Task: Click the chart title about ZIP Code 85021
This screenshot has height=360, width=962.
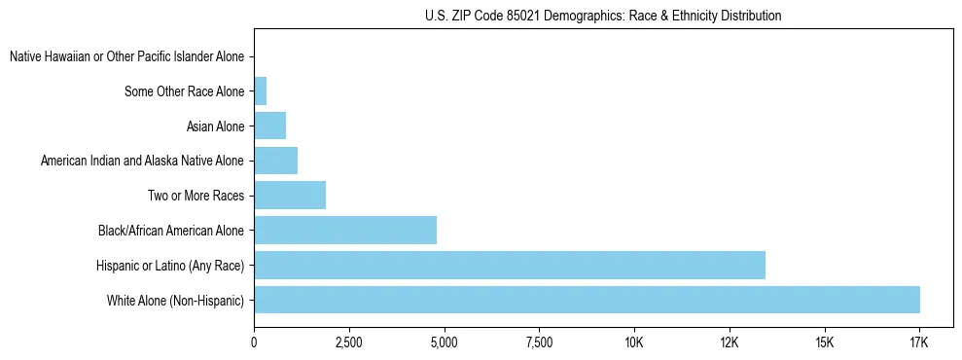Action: (603, 16)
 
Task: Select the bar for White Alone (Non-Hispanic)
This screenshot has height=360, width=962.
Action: (587, 300)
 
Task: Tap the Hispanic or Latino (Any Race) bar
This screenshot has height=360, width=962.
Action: (510, 265)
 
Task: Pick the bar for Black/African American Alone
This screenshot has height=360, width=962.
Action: (345, 231)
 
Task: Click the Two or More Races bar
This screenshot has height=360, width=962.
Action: (290, 196)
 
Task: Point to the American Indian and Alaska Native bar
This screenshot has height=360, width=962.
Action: (275, 161)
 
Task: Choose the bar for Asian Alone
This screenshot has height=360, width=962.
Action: (269, 126)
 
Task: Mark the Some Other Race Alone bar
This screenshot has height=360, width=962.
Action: (260, 91)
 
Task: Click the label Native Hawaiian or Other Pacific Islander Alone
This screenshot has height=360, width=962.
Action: (126, 57)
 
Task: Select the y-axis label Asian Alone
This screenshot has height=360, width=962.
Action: (215, 126)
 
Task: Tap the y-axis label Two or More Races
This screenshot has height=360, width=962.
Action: (195, 196)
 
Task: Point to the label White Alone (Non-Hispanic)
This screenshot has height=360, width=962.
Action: (176, 300)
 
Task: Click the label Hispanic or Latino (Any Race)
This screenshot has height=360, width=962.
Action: (170, 265)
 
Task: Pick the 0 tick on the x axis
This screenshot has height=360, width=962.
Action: (254, 342)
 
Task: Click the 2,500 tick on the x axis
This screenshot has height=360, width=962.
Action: (348, 342)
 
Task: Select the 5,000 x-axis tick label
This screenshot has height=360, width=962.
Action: (444, 342)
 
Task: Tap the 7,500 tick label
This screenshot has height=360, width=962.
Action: (539, 342)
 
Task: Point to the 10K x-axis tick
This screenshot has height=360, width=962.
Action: (634, 342)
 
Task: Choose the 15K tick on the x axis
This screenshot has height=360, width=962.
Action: (824, 342)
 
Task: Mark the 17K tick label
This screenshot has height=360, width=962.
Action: (919, 342)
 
